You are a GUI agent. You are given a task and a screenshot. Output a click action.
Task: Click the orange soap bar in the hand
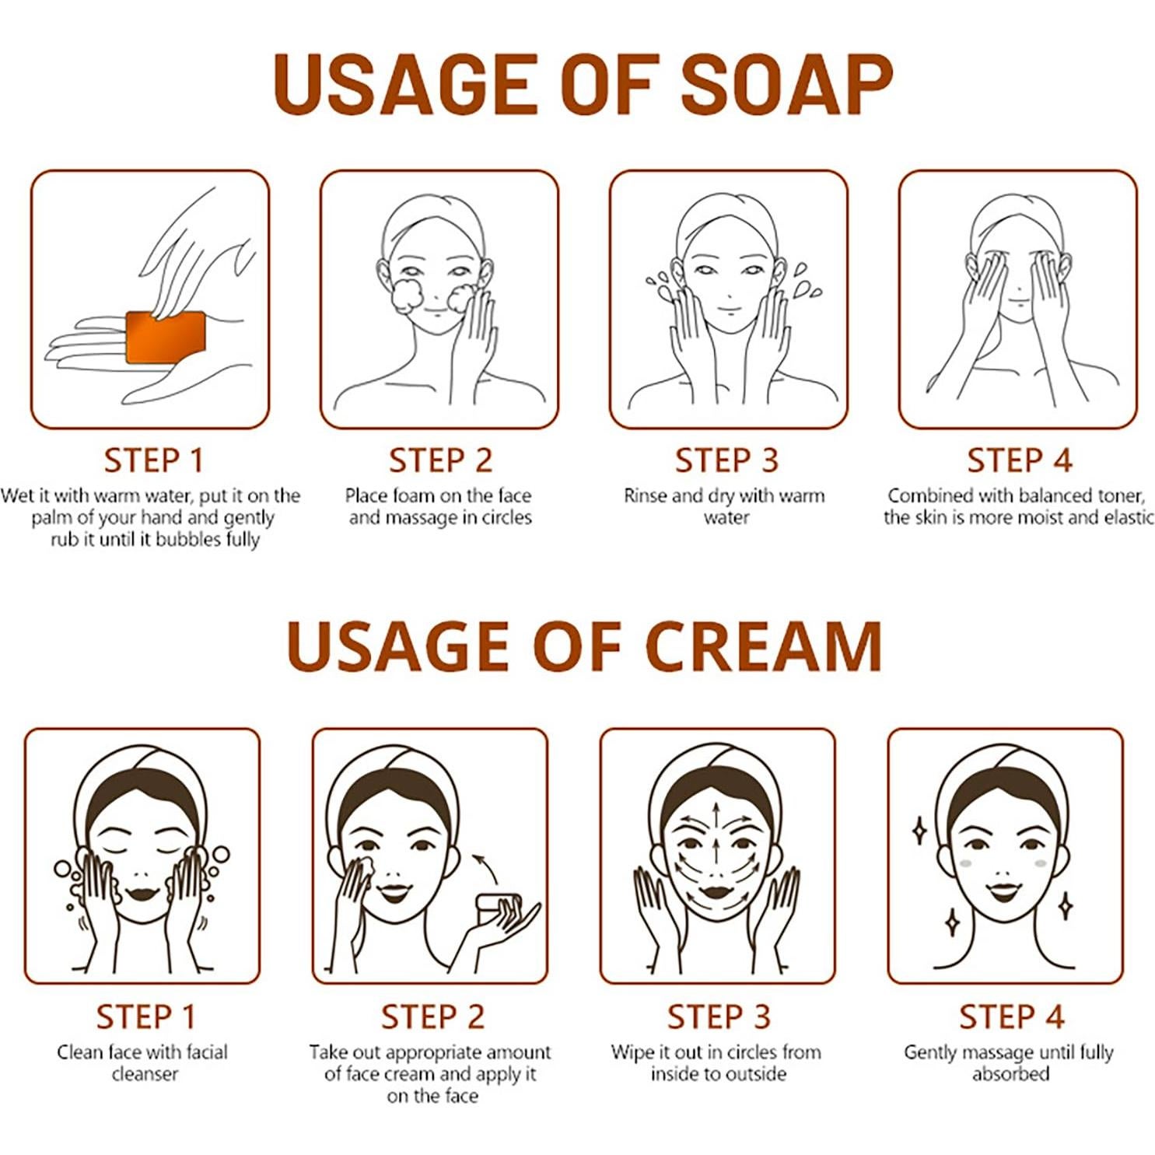tap(166, 337)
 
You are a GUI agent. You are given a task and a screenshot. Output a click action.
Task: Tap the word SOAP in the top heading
tap(786, 84)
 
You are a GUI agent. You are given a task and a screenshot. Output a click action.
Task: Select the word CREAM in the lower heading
tap(765, 646)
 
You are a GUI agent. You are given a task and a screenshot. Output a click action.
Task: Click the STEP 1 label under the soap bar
tap(153, 460)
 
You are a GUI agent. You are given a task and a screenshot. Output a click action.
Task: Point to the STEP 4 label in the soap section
tap(1019, 460)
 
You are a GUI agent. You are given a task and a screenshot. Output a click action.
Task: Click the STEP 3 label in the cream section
tap(719, 1017)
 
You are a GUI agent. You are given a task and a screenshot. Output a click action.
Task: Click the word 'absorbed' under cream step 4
tap(1010, 1074)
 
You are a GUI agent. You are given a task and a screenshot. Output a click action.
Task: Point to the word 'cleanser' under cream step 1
tap(145, 1074)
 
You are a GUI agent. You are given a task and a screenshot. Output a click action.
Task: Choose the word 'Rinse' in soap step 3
tap(645, 496)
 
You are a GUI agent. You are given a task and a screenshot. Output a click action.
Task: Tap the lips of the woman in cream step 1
tap(143, 893)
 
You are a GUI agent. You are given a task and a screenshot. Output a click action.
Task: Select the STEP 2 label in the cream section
tap(432, 1017)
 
